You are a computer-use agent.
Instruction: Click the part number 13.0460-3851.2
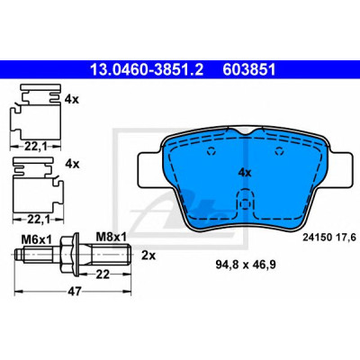tap(147, 70)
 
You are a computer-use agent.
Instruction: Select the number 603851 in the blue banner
tap(249, 70)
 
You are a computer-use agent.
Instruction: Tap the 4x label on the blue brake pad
tap(245, 173)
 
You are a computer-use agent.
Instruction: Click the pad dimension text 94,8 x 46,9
tap(246, 265)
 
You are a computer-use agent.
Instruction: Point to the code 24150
tap(317, 238)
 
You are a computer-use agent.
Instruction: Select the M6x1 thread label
tap(37, 239)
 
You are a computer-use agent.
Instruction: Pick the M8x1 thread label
tap(112, 237)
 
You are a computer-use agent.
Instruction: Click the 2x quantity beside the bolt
tap(148, 256)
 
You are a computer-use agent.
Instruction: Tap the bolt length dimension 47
tap(74, 291)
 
